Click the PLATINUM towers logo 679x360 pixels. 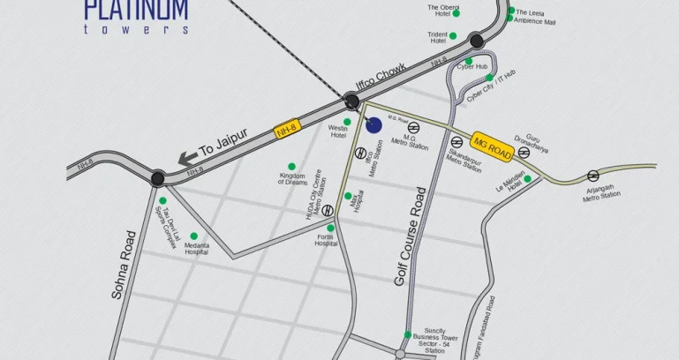pos(136,16)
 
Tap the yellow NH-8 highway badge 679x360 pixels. pos(286,130)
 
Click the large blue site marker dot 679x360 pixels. pos(373,125)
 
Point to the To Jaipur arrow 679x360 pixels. pos(188,159)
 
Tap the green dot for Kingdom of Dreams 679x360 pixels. pos(291,166)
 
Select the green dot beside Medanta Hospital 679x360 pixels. pos(193,236)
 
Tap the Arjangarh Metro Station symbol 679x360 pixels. pos(592,176)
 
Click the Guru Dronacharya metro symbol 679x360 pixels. pos(524,152)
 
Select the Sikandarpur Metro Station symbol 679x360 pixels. pos(456,142)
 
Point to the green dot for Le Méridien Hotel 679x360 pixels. pos(527,179)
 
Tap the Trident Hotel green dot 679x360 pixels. pos(453,36)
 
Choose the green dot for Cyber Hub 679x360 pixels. pos(469,61)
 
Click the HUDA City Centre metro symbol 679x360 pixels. pos(328,210)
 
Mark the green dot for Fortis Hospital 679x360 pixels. pos(330,227)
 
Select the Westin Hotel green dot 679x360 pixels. pos(347,122)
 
